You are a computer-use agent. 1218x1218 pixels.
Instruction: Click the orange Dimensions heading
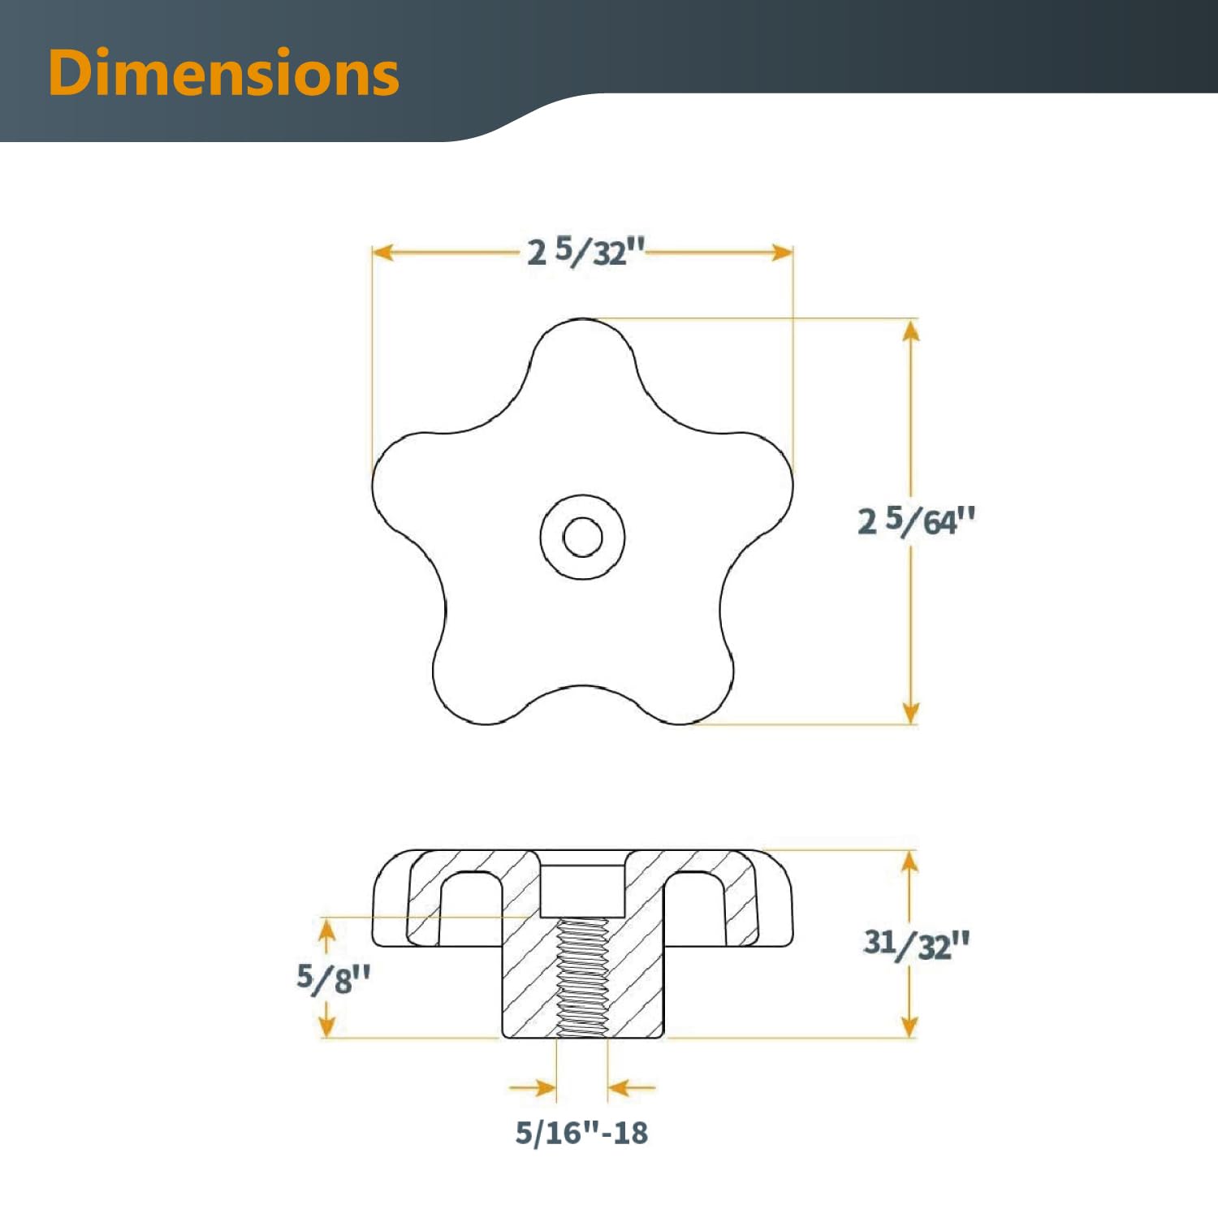(223, 73)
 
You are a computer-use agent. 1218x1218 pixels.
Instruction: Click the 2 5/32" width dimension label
(585, 252)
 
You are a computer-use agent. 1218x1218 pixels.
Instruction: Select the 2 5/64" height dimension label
(916, 520)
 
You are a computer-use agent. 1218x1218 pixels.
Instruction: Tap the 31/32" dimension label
(916, 944)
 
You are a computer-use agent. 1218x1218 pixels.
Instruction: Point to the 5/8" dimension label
(333, 978)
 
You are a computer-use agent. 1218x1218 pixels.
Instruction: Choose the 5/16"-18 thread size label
(581, 1133)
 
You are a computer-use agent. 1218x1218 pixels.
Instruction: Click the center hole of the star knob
(582, 537)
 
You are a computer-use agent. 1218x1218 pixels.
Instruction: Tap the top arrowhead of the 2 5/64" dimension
(911, 330)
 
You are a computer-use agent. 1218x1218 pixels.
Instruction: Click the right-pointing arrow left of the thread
(544, 1087)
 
